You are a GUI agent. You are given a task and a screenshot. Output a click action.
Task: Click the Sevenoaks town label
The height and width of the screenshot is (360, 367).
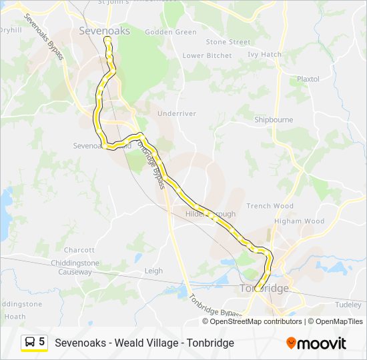point(104,31)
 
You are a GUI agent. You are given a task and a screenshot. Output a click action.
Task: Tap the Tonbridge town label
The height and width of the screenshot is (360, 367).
point(264,289)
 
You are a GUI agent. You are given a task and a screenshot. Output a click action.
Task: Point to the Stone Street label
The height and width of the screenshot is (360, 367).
point(228,42)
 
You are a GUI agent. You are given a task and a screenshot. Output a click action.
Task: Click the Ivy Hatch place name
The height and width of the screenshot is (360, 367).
point(264,55)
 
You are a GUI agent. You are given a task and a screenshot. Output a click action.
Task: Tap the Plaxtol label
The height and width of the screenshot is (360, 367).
point(308,79)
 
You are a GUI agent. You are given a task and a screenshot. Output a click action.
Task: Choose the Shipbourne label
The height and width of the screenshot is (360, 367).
point(274,120)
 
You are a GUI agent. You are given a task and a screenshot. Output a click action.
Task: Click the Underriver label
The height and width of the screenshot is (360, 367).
point(177,114)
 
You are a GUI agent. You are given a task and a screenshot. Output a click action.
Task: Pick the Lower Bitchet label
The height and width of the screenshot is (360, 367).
point(207,55)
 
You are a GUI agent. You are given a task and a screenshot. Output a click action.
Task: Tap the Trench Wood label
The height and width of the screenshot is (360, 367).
point(270,206)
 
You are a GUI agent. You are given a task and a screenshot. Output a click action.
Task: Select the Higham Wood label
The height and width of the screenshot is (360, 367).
point(299,221)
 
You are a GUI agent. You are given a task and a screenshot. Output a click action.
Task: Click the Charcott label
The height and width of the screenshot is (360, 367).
point(79,250)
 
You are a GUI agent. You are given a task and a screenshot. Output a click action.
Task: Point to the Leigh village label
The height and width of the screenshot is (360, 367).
point(153,271)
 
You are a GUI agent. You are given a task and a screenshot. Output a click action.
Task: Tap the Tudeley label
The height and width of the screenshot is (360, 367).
point(348,305)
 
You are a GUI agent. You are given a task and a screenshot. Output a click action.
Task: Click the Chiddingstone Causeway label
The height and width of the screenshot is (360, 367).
point(75,267)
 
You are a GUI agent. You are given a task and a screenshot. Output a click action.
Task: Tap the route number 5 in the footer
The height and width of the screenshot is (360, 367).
point(42,342)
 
